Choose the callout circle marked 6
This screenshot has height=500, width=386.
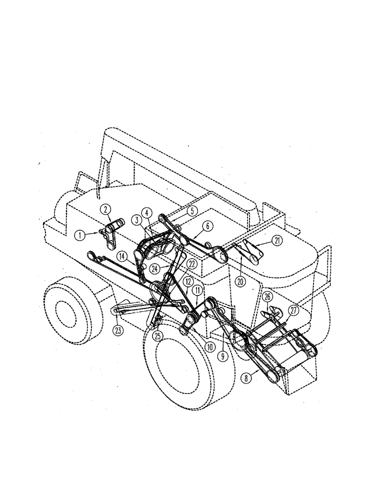coord(208,225)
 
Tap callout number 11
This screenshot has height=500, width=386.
coord(198,289)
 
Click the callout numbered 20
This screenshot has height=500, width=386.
coord(240,281)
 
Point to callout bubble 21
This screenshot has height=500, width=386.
coord(277,241)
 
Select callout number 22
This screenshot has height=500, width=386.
coord(191,263)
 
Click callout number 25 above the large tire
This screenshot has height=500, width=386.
coord(158,336)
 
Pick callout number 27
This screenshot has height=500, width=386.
coord(293,310)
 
